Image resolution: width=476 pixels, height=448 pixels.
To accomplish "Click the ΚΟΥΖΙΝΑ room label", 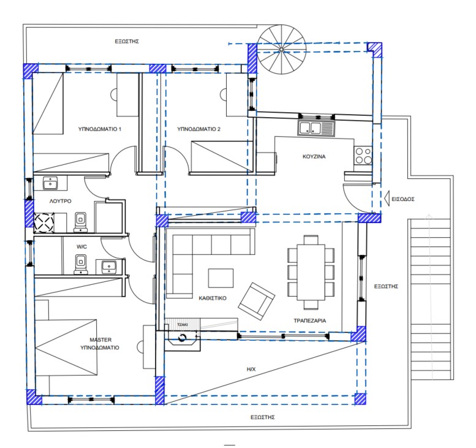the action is (x=314, y=157).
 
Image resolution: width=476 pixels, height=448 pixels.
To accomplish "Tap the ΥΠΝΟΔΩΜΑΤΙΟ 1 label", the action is (x=100, y=129).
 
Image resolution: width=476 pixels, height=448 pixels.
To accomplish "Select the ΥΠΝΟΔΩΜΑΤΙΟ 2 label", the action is (x=198, y=129).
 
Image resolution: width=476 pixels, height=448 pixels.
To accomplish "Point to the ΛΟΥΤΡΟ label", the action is (x=61, y=201).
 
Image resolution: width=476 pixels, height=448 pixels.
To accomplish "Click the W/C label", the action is (x=81, y=246).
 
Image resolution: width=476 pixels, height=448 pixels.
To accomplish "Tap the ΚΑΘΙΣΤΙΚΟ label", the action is (x=213, y=298).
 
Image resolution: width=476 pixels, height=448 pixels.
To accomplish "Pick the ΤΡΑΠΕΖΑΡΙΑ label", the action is (x=309, y=321).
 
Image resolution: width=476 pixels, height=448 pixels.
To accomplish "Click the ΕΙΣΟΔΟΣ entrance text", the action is (x=403, y=199).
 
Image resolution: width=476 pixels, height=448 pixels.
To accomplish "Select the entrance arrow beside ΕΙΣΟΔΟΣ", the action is (x=387, y=199).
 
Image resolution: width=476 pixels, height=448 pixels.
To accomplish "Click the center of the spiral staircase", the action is (x=281, y=49).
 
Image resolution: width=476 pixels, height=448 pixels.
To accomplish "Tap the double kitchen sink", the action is (x=315, y=128).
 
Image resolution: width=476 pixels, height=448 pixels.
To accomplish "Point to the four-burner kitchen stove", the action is (x=363, y=156).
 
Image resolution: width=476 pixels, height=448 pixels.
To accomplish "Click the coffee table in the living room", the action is (x=221, y=278).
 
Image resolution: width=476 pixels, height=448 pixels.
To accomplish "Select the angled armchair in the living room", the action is (x=257, y=301).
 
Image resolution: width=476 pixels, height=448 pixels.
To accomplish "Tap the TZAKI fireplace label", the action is (x=182, y=325).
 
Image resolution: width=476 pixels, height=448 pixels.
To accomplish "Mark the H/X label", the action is (x=251, y=370).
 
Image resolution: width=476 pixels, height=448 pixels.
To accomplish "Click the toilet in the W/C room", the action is (x=80, y=264).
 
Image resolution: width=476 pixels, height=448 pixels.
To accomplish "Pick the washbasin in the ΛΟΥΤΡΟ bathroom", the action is (x=50, y=183).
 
